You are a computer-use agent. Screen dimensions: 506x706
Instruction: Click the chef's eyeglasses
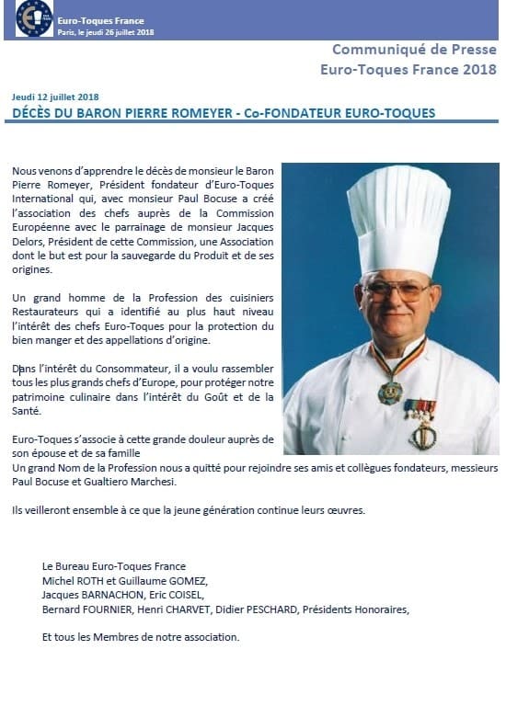coord(397,288)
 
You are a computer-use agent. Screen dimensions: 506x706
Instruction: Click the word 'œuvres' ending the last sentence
coord(346,510)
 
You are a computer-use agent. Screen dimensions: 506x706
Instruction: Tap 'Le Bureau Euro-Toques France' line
coord(114,566)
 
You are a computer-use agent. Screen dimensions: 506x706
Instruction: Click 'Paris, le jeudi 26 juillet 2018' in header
coord(105,31)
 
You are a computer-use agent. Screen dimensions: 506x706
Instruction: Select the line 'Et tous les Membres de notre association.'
coord(141,636)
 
